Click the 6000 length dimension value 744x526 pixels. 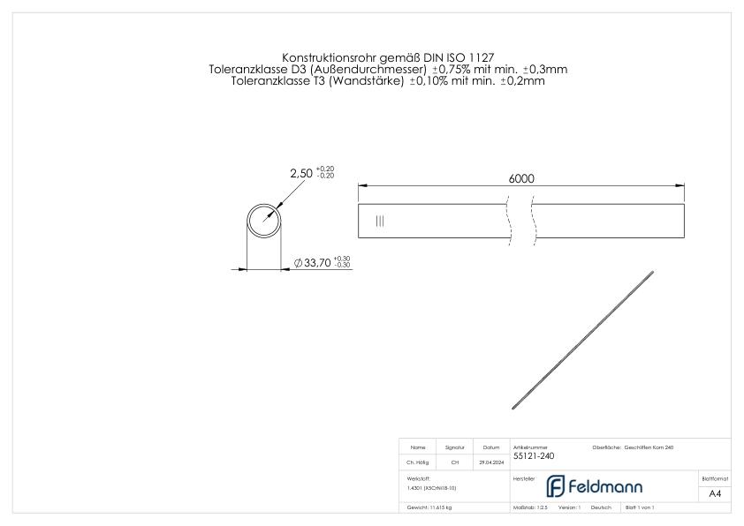pyautogui.click(x=520, y=177)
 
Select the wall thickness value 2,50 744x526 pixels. pyautogui.click(x=301, y=173)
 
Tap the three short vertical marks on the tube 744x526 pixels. pyautogui.click(x=380, y=222)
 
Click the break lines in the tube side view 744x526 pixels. pyautogui.click(x=520, y=222)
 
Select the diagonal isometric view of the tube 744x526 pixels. pyautogui.click(x=583, y=340)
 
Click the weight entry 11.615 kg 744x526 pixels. pyautogui.click(x=429, y=508)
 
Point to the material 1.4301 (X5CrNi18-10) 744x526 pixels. pyautogui.click(x=432, y=487)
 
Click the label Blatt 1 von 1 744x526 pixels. pyautogui.click(x=639, y=508)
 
